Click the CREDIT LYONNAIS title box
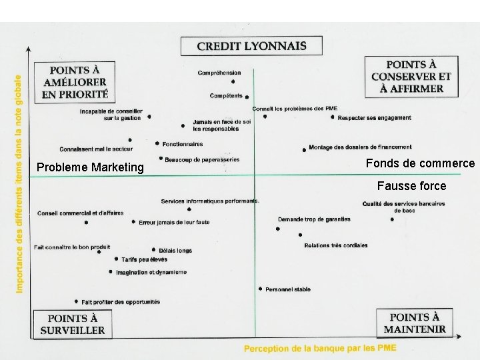pyautogui.click(x=251, y=46)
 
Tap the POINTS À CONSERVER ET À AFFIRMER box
pyautogui.click(x=411, y=77)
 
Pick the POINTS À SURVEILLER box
pyautogui.click(x=73, y=324)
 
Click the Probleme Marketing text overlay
pyautogui.click(x=90, y=167)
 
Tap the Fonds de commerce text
pyautogui.click(x=421, y=163)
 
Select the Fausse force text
pyautogui.click(x=411, y=186)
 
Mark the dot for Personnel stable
pyautogui.click(x=260, y=289)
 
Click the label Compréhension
pyautogui.click(x=219, y=73)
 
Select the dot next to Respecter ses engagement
pyautogui.click(x=332, y=117)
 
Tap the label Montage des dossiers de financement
pyautogui.click(x=360, y=147)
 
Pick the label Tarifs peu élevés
pyautogui.click(x=144, y=260)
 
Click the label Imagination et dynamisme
pyautogui.click(x=151, y=272)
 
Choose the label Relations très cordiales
pyautogui.click(x=335, y=245)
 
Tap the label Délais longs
pyautogui.click(x=175, y=251)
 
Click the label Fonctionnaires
pyautogui.click(x=182, y=143)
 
